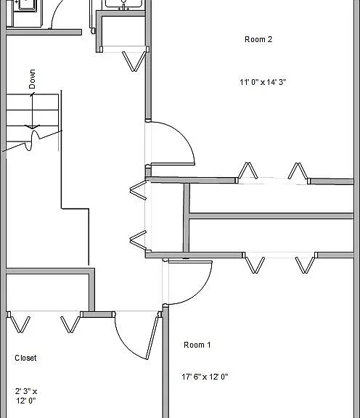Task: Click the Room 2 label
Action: pyautogui.click(x=258, y=39)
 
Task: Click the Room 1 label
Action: pyautogui.click(x=197, y=345)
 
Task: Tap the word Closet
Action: pyautogui.click(x=25, y=358)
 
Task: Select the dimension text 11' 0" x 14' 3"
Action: pyautogui.click(x=263, y=82)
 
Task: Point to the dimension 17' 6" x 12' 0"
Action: pyautogui.click(x=205, y=377)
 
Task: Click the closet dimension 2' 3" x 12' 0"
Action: pyautogui.click(x=26, y=396)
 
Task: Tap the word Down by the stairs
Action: pyautogui.click(x=32, y=79)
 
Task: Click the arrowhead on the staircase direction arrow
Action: pyautogui.click(x=32, y=127)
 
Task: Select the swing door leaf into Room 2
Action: pyautogui.click(x=173, y=164)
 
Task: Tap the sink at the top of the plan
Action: pyautogui.click(x=123, y=4)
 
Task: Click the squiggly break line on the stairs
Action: pyautogui.click(x=33, y=139)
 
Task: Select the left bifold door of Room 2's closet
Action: pyautogui.click(x=247, y=171)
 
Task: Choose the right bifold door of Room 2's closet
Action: pyautogui.click(x=298, y=171)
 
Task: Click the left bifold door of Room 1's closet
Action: pyautogui.click(x=255, y=265)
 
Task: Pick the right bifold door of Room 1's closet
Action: pyautogui.click(x=305, y=265)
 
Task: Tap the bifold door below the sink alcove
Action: pyautogui.click(x=134, y=61)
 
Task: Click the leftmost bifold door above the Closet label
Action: pyautogui.click(x=20, y=324)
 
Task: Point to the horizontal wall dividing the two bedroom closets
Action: pyautogui.click(x=271, y=216)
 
